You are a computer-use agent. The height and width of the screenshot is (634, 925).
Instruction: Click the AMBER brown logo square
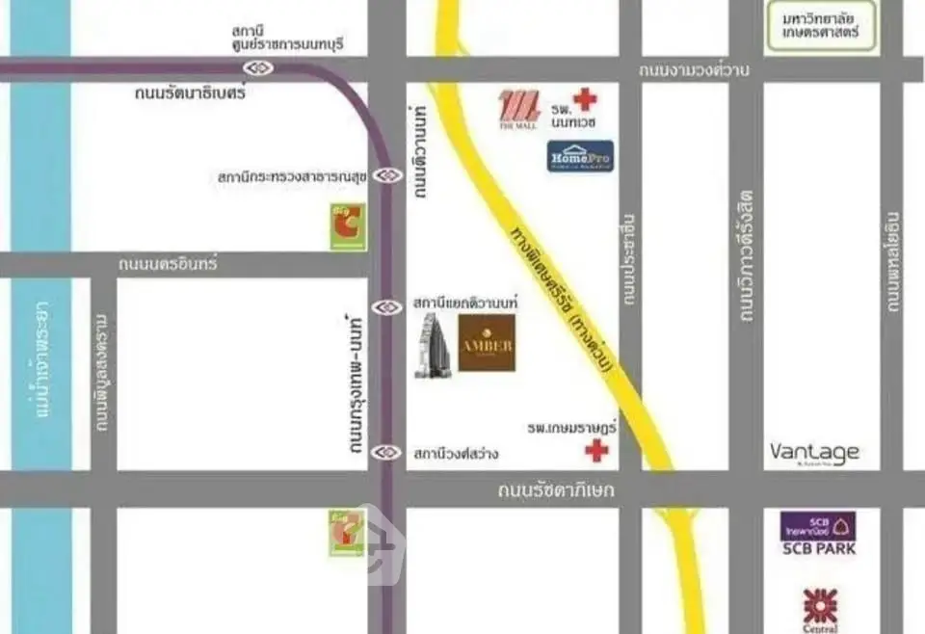pos(487,343)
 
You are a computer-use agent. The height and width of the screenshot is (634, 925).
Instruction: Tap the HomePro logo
pos(580,156)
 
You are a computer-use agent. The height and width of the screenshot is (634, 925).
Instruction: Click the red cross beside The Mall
pos(584,98)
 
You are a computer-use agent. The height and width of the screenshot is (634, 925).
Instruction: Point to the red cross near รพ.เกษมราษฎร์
pos(597,449)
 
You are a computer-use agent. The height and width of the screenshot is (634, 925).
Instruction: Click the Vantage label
pos(814,452)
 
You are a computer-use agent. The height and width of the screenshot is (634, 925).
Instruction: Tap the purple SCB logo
pos(817,526)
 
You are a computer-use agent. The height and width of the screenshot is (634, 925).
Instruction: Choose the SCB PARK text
pos(817,550)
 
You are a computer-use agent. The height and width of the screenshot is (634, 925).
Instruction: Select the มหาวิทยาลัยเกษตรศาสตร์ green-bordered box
pos(826,26)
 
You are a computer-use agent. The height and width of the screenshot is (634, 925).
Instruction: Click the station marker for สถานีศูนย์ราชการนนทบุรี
pos(258,67)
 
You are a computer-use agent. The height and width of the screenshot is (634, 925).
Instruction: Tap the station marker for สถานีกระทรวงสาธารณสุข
pos(388,175)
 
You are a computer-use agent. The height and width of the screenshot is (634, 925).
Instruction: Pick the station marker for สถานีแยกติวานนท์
pos(387,307)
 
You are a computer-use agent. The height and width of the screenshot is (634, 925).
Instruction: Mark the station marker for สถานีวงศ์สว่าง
pos(387,451)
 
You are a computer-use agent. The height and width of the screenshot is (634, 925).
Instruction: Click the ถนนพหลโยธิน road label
pos(893,261)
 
